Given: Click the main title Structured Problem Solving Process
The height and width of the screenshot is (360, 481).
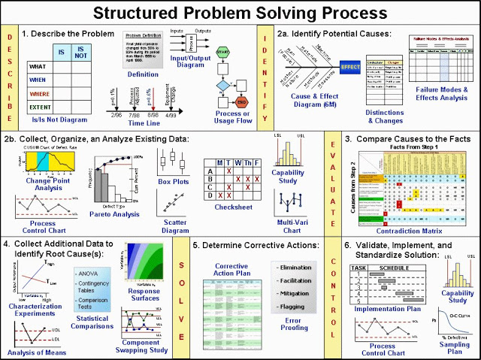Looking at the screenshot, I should click(240, 13).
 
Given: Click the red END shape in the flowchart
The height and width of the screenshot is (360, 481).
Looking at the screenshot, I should click(242, 104).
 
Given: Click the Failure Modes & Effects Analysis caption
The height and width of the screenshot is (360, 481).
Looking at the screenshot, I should click(444, 95).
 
